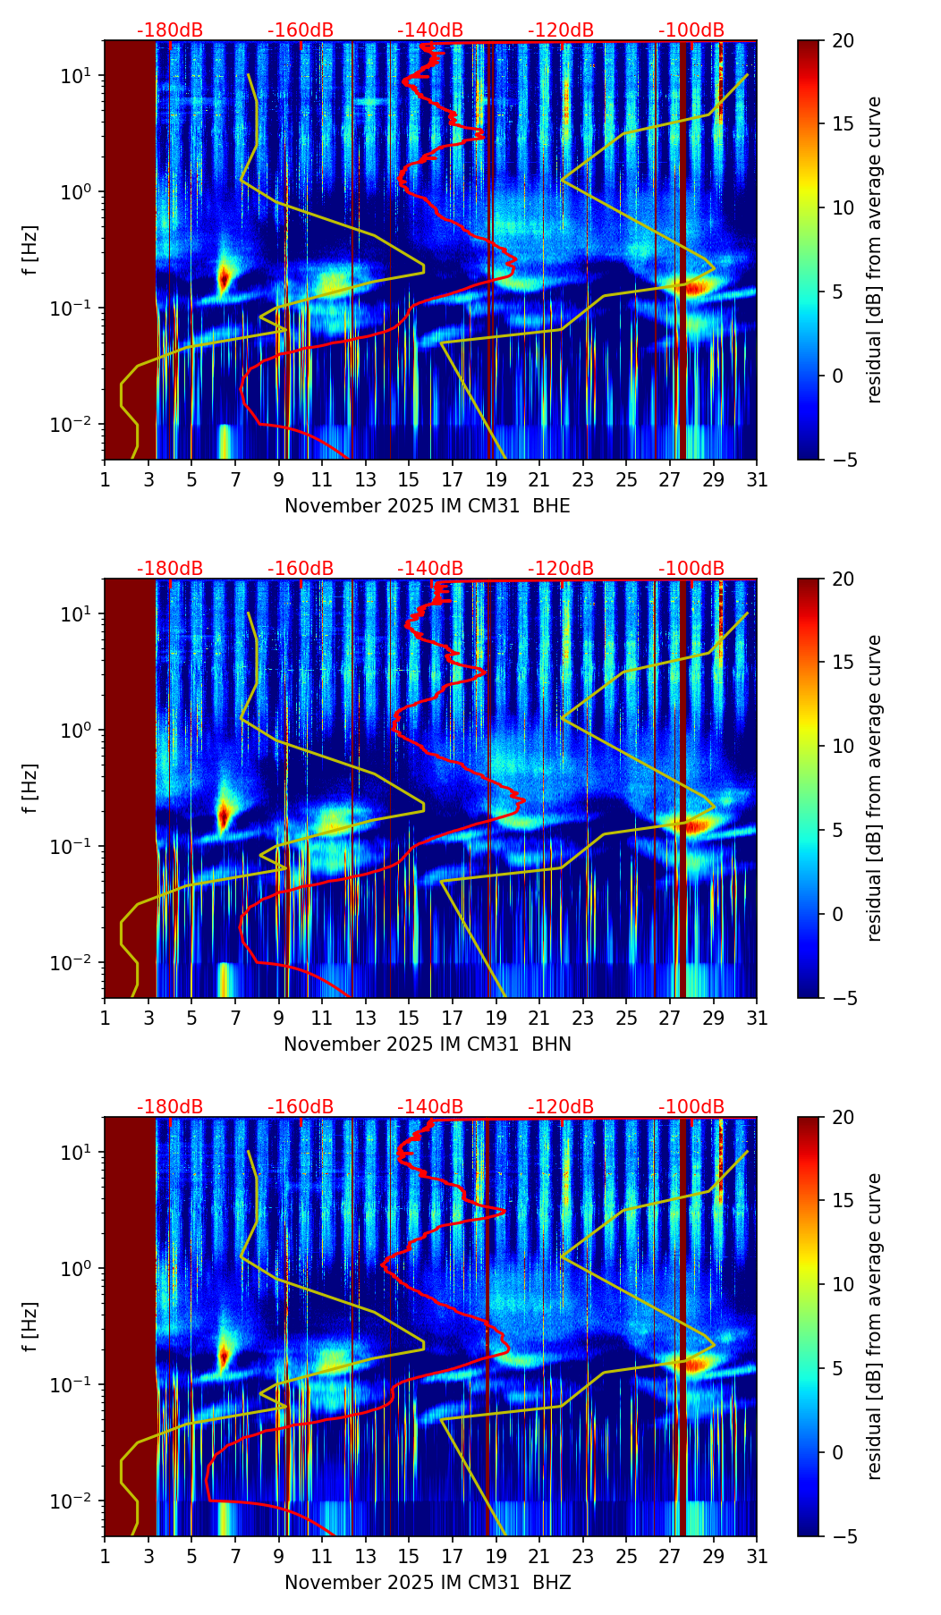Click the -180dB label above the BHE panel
(170, 30)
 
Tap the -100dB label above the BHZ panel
(691, 1107)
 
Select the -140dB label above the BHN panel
(430, 569)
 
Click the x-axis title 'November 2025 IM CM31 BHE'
(427, 506)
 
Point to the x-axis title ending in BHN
(427, 1044)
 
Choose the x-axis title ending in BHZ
(427, 1583)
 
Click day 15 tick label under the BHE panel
(409, 479)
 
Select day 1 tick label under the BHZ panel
(105, 1556)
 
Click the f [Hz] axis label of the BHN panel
(30, 788)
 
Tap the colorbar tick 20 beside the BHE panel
(844, 41)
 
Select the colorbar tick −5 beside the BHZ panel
(844, 1536)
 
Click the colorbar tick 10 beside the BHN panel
(844, 746)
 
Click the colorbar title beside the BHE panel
(875, 249)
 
